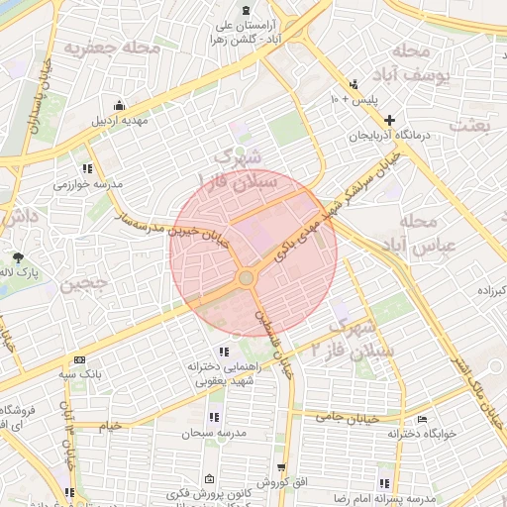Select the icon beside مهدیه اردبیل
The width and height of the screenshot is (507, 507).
120,105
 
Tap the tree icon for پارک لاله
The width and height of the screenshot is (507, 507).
19,257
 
